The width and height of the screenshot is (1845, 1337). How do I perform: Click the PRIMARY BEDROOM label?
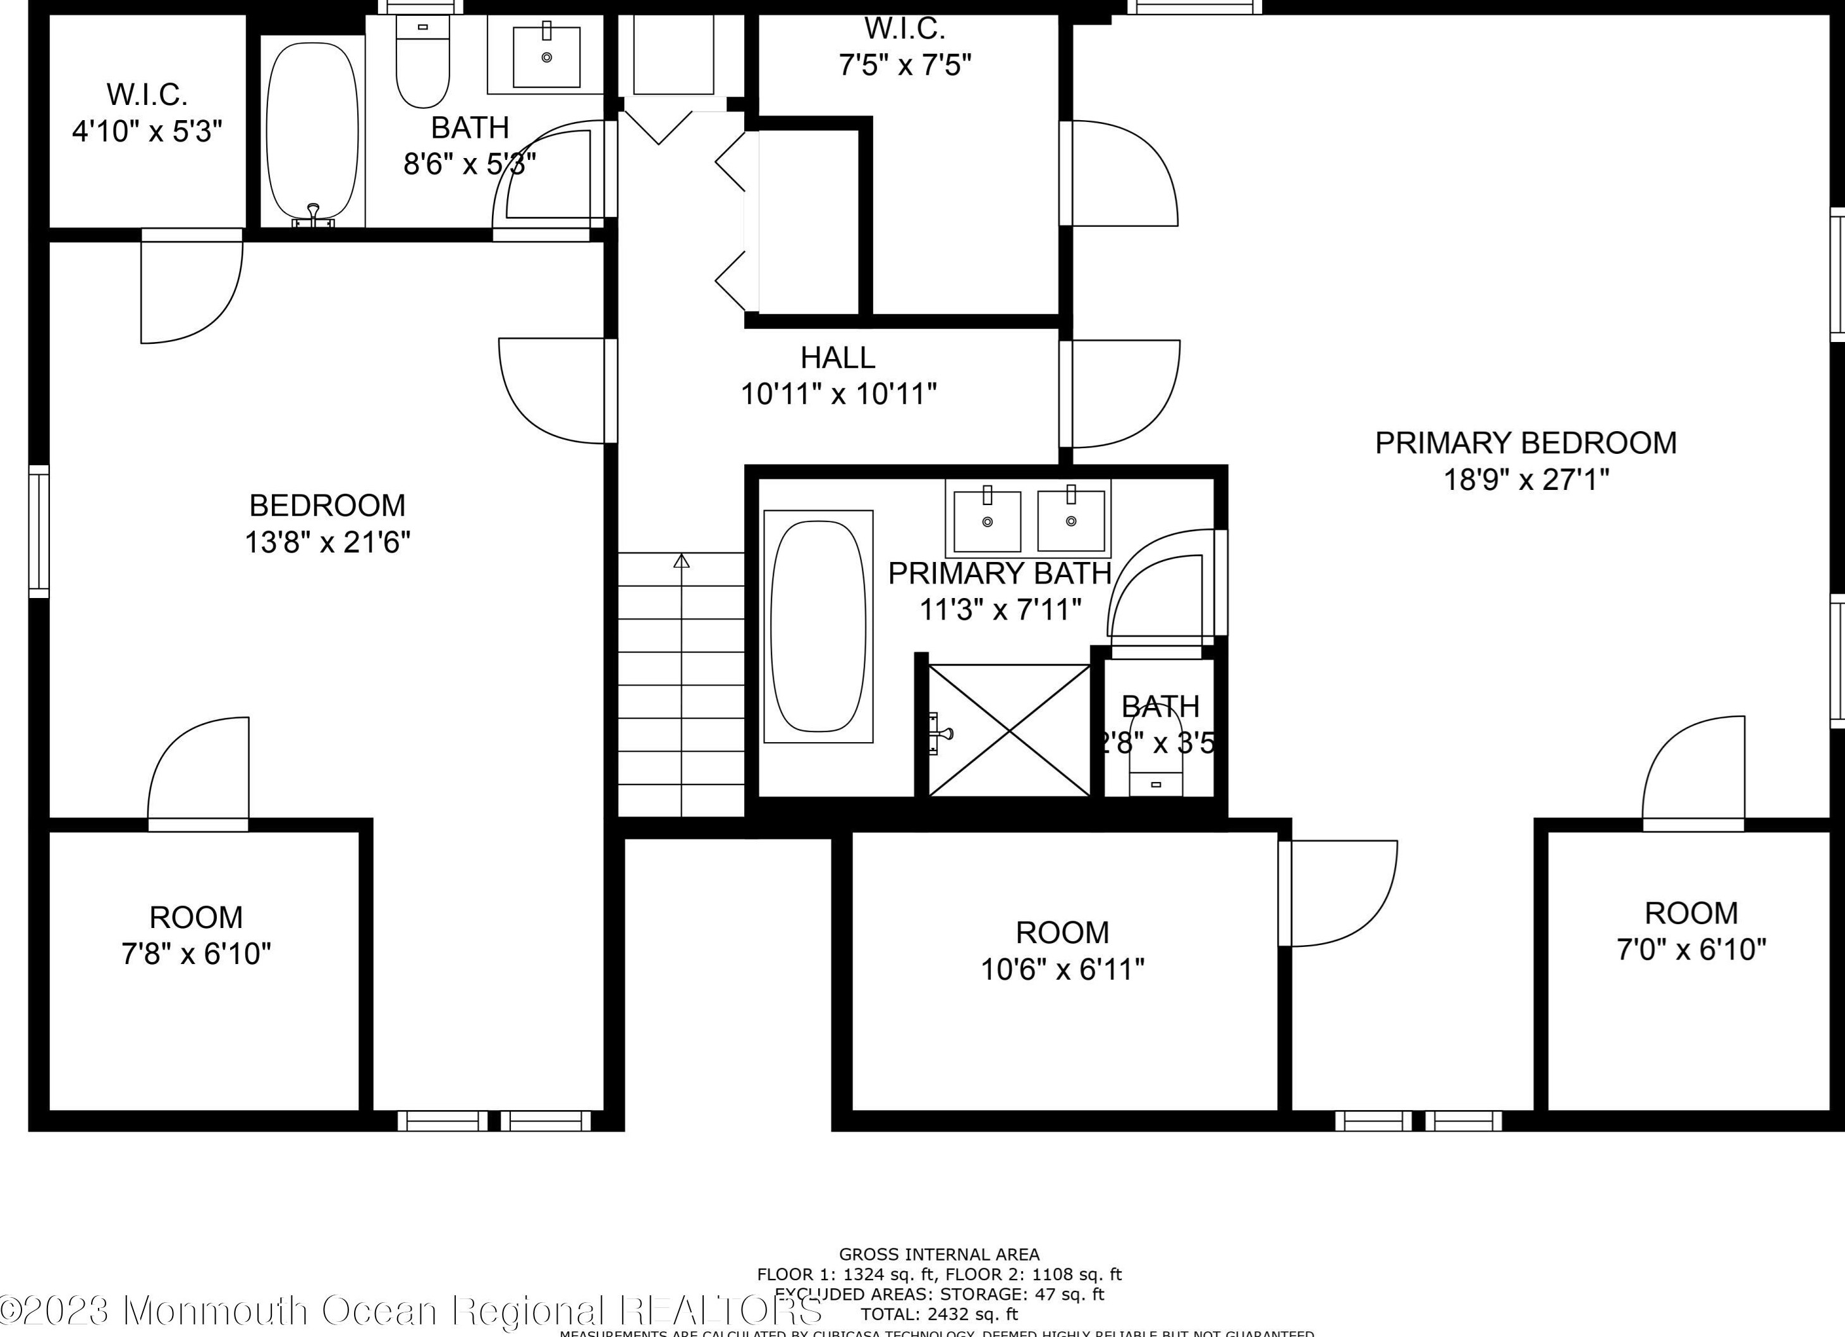(1525, 443)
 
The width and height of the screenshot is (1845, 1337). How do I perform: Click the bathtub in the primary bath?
(818, 627)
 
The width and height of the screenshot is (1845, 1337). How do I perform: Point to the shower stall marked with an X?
(1008, 730)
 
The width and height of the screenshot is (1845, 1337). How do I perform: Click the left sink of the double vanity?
(987, 520)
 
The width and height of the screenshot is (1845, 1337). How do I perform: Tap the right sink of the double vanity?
(1070, 520)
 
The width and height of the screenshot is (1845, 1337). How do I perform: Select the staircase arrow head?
(682, 561)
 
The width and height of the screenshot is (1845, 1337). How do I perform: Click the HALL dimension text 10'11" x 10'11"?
(838, 395)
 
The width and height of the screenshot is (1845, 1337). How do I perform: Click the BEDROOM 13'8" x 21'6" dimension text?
(327, 542)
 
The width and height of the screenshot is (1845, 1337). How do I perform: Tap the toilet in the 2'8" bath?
(1156, 764)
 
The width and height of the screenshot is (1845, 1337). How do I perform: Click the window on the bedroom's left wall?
(38, 531)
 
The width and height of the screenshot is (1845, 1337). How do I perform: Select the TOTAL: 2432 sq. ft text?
(939, 1314)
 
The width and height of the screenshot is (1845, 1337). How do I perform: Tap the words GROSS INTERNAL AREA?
(939, 1254)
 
